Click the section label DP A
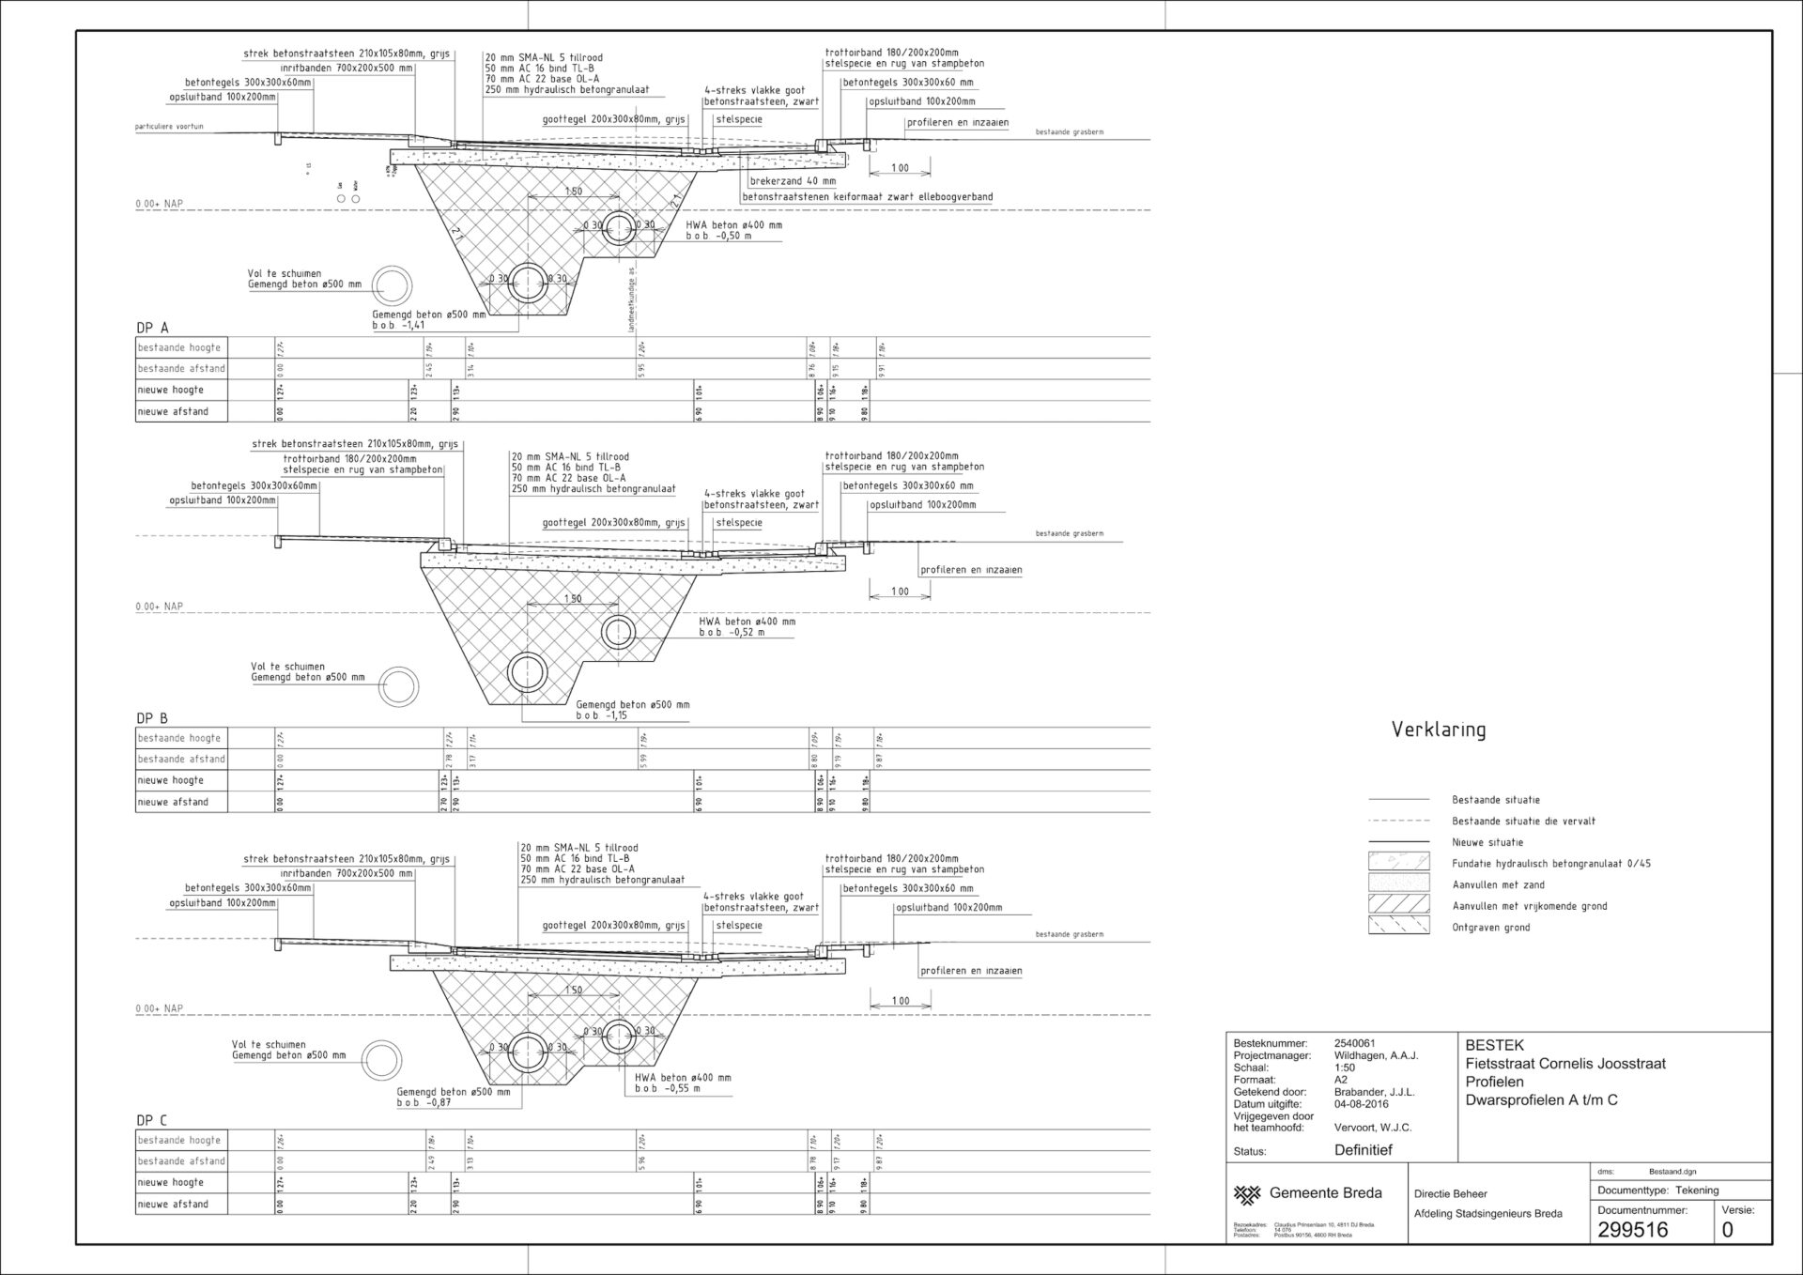pyautogui.click(x=152, y=328)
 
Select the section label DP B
pyautogui.click(x=152, y=718)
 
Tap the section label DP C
pyautogui.click(x=152, y=1120)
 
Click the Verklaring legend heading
pyautogui.click(x=1438, y=730)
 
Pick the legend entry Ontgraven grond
pyautogui.click(x=1490, y=928)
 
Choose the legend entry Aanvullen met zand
pyautogui.click(x=1498, y=884)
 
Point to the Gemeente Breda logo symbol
pyautogui.click(x=1247, y=1194)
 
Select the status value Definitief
pyautogui.click(x=1363, y=1150)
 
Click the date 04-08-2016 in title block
pyautogui.click(x=1361, y=1104)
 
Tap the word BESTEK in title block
pyautogui.click(x=1494, y=1045)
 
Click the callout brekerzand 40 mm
pyautogui.click(x=793, y=181)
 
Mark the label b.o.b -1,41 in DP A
pyautogui.click(x=398, y=326)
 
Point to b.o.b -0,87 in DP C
pyautogui.click(x=424, y=1102)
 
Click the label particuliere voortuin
pyautogui.click(x=169, y=127)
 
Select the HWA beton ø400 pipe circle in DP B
pyautogui.click(x=618, y=631)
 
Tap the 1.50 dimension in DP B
pyautogui.click(x=573, y=599)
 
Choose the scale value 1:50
pyautogui.click(x=1345, y=1068)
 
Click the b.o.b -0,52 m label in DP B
pyautogui.click(x=732, y=633)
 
